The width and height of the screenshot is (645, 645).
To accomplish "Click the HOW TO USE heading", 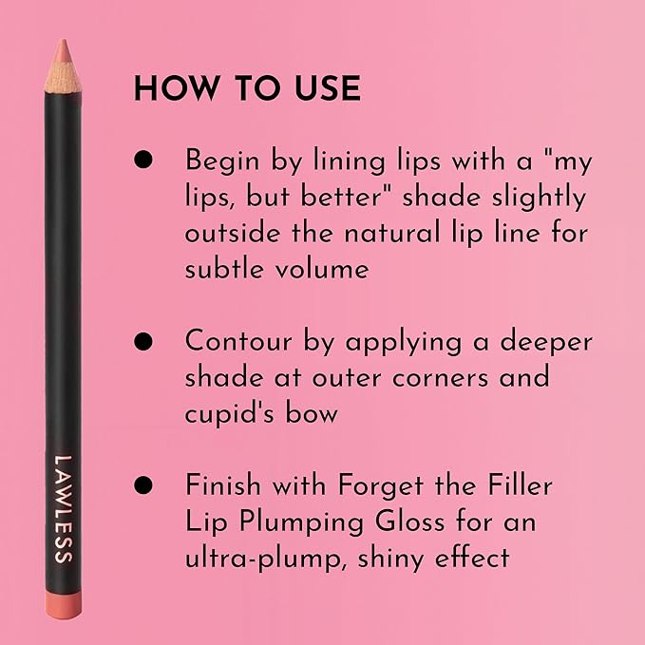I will [247, 88].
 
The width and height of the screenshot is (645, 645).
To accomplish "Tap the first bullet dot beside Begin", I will [143, 161].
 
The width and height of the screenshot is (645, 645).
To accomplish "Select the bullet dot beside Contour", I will [143, 342].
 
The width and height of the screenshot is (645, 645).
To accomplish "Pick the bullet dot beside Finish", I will [143, 485].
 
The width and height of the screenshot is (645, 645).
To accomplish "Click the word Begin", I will [225, 161].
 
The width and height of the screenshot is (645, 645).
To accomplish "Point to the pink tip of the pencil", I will [62, 47].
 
